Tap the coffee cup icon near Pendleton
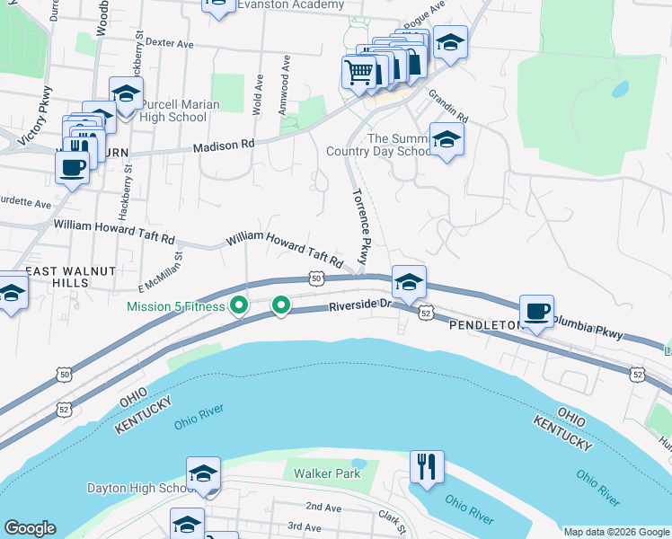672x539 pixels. click(536, 311)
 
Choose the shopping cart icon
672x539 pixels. click(359, 71)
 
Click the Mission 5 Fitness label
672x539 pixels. click(176, 307)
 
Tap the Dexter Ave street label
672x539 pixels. click(169, 42)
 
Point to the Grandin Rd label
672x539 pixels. click(448, 105)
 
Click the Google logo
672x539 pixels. click(30, 528)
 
